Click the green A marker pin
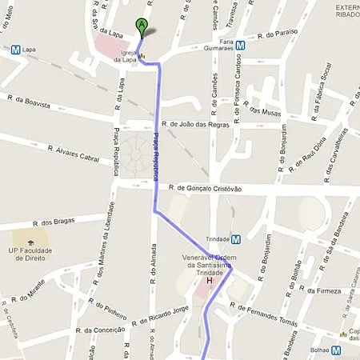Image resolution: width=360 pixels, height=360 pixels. tap(142, 26)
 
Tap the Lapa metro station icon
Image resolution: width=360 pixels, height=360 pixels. tap(15, 49)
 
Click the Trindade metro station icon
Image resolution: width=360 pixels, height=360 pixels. tap(236, 238)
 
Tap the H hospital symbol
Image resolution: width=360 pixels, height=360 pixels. tap(210, 281)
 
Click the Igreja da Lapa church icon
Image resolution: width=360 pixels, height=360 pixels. tap(143, 57)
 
